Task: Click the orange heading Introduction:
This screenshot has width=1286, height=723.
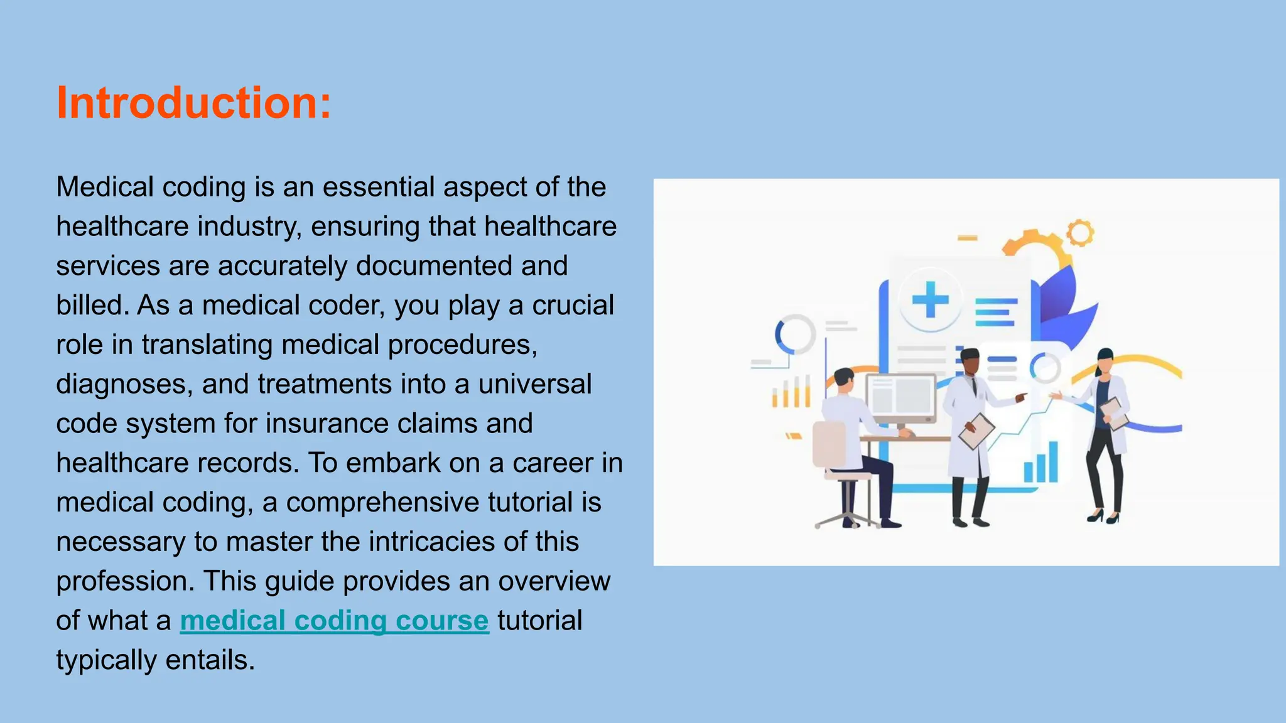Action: pyautogui.click(x=193, y=103)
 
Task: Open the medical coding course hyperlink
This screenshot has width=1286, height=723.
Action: pyautogui.click(x=334, y=621)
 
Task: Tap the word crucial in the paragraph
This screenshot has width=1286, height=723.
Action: pyautogui.click(x=573, y=306)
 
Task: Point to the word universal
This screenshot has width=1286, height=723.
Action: pyautogui.click(x=535, y=384)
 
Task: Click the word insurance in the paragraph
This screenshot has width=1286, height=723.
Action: pyautogui.click(x=327, y=424)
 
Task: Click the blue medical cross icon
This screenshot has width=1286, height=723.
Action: pyautogui.click(x=930, y=299)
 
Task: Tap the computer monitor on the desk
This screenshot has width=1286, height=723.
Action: pyautogui.click(x=901, y=397)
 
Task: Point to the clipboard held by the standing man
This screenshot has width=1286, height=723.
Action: pyautogui.click(x=976, y=431)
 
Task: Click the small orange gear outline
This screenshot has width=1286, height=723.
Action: pyautogui.click(x=1080, y=233)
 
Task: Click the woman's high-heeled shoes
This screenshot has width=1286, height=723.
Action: pyautogui.click(x=1103, y=517)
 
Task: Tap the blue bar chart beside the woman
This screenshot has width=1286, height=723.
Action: pyautogui.click(x=1041, y=463)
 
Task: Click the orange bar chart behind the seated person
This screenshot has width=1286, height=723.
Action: pyautogui.click(x=791, y=392)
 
